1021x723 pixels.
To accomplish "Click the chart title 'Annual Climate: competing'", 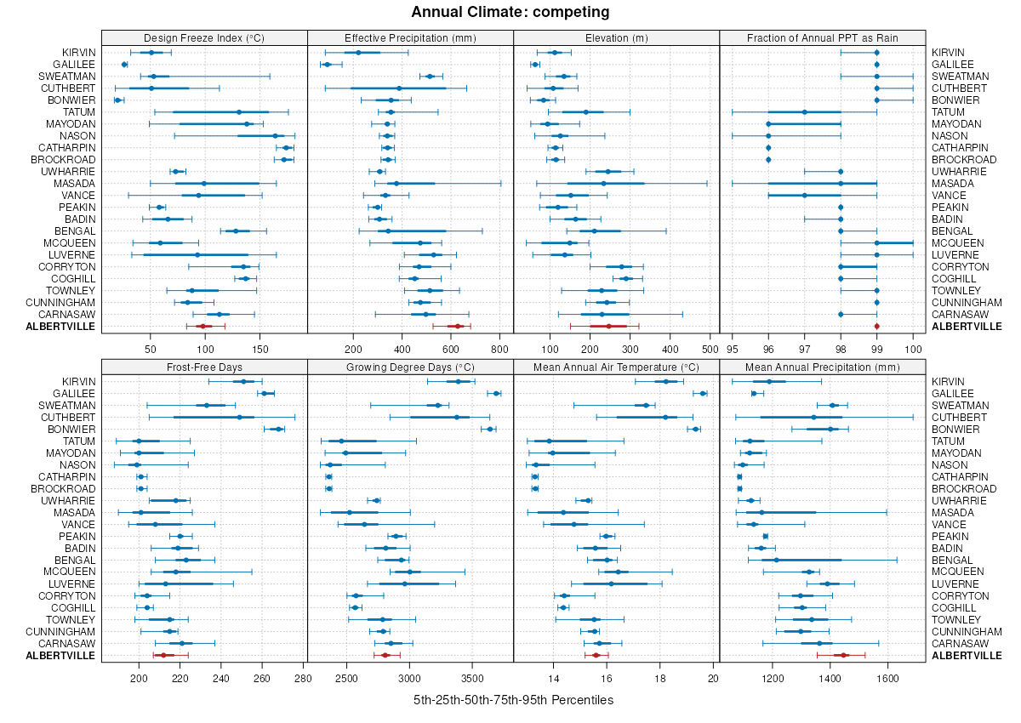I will click(x=510, y=12).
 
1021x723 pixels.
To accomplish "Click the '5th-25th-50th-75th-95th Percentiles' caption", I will click(x=513, y=700).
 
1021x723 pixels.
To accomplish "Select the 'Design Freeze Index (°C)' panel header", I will click(x=204, y=37).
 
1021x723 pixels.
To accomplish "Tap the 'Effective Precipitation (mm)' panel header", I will click(x=410, y=37).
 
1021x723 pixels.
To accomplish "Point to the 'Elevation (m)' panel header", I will click(x=616, y=37).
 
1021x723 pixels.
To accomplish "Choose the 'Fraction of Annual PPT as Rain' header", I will click(x=822, y=37).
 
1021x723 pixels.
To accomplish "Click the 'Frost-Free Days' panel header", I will click(x=204, y=367).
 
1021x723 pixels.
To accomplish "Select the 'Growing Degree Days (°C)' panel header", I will click(x=410, y=367).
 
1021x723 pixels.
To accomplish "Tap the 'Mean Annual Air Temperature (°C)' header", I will click(x=616, y=367).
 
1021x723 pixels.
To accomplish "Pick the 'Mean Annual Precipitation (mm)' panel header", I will click(x=822, y=367).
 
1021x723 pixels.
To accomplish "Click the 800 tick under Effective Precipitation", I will click(x=500, y=348).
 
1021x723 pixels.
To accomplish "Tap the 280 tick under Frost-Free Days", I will click(x=303, y=678).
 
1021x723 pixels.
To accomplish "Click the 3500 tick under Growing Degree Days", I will click(x=472, y=678).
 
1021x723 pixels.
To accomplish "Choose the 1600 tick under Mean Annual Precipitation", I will click(x=887, y=678).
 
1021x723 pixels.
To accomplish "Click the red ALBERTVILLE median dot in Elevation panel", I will click(x=608, y=326).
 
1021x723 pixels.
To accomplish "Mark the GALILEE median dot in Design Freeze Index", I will click(x=124, y=65).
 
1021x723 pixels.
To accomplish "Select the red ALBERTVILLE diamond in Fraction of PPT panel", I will click(x=876, y=326).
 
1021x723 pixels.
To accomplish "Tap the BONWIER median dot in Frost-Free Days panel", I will click(x=278, y=429).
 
